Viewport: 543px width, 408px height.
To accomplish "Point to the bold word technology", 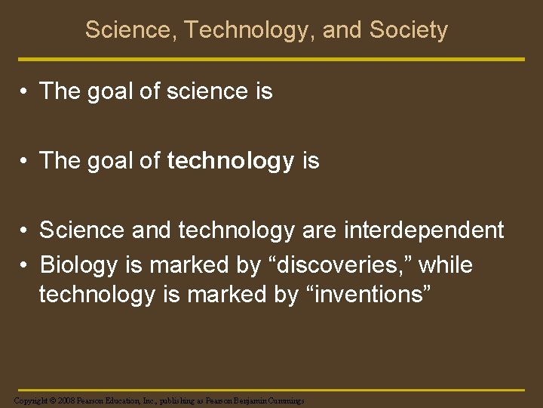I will [230, 161].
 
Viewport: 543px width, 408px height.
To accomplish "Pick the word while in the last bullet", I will [446, 265].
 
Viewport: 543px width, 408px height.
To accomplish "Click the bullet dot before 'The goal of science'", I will [25, 92].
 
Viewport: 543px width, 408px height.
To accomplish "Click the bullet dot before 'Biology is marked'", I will [25, 266].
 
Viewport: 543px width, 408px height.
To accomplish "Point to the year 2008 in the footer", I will [65, 400].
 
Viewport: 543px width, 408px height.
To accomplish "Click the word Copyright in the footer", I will [29, 400].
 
